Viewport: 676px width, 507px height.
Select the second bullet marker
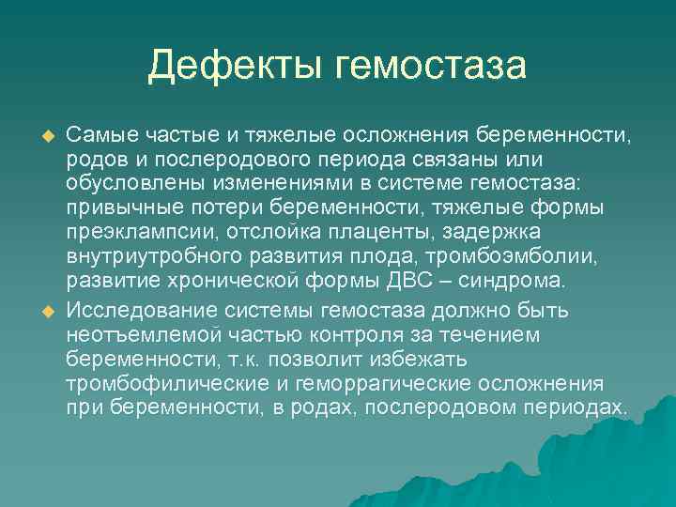[x=39, y=311]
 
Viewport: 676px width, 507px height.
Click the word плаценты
[x=352, y=231]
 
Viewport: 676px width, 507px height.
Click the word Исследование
[x=130, y=310]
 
